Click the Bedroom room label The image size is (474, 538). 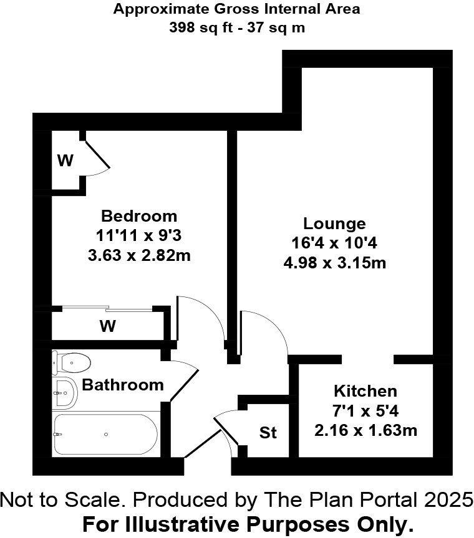click(139, 216)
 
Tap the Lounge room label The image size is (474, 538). click(334, 224)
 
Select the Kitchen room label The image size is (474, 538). click(365, 391)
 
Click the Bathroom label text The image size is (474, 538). click(123, 385)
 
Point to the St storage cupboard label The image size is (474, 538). click(268, 432)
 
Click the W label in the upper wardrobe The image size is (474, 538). click(65, 161)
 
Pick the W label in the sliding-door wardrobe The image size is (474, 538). click(108, 326)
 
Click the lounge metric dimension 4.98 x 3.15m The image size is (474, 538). click(334, 263)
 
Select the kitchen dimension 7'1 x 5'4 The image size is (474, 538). click(365, 411)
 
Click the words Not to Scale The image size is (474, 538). click(59, 499)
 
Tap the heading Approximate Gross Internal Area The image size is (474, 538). click(236, 9)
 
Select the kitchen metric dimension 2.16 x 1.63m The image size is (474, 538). click(365, 430)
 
